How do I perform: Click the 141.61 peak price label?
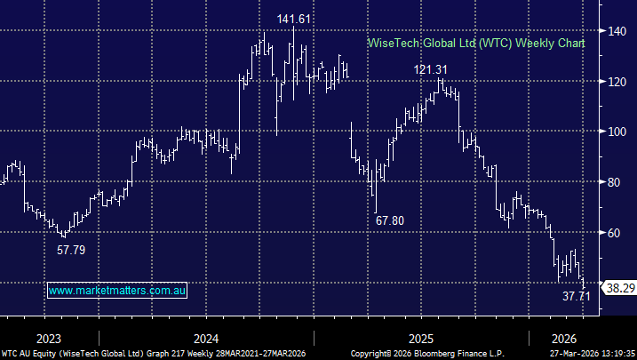[295, 18]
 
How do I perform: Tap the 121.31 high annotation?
[432, 69]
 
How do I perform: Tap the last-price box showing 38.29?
[618, 288]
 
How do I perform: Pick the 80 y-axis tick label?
[613, 182]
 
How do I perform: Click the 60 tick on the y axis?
[613, 233]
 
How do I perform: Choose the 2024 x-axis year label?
[205, 339]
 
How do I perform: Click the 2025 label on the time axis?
[421, 339]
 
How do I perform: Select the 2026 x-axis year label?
[564, 339]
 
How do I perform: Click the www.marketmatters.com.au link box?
[117, 291]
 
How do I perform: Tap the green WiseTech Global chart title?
[476, 44]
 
